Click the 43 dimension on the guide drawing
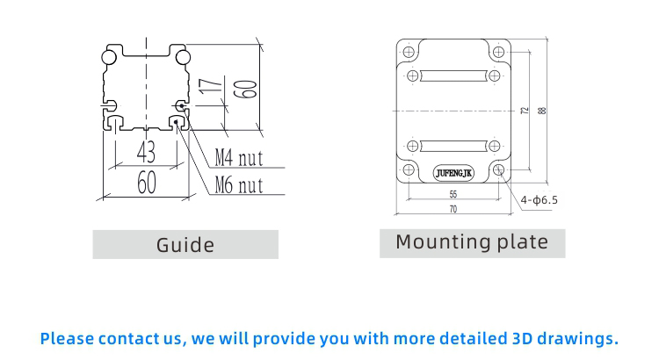tap(146, 153)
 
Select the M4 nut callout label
tap(239, 159)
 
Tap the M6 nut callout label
tap(239, 184)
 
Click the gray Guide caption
tap(185, 244)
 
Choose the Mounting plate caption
tap(472, 242)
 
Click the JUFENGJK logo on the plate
tap(454, 172)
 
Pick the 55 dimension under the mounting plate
tap(453, 194)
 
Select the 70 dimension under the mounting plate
tap(453, 210)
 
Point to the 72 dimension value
tap(525, 111)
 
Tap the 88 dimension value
tap(542, 111)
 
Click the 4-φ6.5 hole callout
tap(539, 200)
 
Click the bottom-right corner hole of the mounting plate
tap(498, 169)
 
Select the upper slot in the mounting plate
tap(453, 76)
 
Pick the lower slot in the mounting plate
tap(453, 145)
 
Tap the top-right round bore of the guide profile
tap(181, 57)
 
